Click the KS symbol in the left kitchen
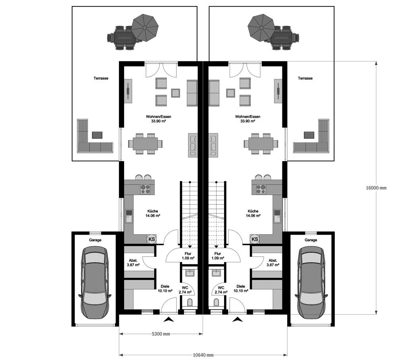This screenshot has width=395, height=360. pos(151,239)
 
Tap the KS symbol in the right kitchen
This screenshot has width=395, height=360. pos(255,239)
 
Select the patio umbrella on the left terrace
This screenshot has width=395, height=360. pos(145,27)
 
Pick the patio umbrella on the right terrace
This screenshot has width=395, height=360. pos(261,27)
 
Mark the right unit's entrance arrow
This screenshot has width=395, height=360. pos(238,319)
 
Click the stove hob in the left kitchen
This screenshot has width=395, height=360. pos(145,189)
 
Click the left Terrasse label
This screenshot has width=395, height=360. pos(101,79)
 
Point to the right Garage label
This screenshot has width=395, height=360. pos(311,240)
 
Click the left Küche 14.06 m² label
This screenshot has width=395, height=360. pos(153,214)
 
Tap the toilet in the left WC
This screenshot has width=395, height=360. pos(190,302)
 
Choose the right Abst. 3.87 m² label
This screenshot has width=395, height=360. pos(272,262)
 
